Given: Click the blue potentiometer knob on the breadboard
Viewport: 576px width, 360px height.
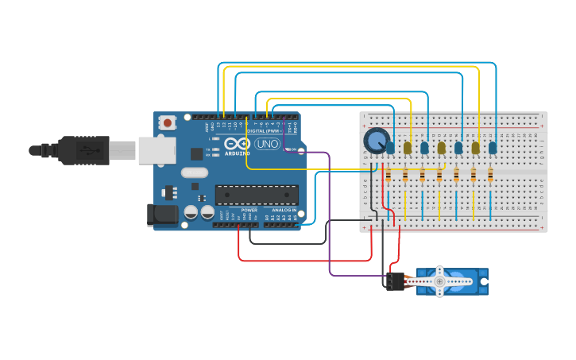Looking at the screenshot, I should pyautogui.click(x=375, y=141).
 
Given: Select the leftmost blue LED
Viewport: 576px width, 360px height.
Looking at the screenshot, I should pyautogui.click(x=390, y=147).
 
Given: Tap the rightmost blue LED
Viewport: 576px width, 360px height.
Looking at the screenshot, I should pyautogui.click(x=493, y=147).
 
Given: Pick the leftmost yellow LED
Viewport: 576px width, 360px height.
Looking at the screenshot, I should pyautogui.click(x=408, y=147).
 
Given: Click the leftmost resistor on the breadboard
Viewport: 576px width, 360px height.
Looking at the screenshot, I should pyautogui.click(x=388, y=175).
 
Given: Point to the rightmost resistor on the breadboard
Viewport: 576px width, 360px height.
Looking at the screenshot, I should pyautogui.click(x=490, y=175).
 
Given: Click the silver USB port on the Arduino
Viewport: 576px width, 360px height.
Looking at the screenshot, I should pyautogui.click(x=157, y=150).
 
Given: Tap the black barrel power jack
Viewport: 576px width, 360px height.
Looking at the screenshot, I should pyautogui.click(x=162, y=214).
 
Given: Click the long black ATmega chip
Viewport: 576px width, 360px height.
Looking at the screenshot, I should pyautogui.click(x=257, y=195).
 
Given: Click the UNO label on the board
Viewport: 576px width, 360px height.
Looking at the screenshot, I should pyautogui.click(x=266, y=145).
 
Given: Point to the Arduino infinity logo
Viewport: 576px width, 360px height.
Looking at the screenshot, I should pyautogui.click(x=238, y=144).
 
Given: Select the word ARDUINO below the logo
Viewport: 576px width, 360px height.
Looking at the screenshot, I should pyautogui.click(x=237, y=153).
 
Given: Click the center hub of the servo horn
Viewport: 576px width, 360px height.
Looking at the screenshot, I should pyautogui.click(x=439, y=281).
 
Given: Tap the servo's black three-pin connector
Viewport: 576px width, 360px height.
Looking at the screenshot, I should pyautogui.click(x=395, y=281).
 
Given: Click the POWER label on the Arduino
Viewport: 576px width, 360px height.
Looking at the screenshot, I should pyautogui.click(x=249, y=210).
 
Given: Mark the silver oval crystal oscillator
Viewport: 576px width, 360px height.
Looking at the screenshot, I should pyautogui.click(x=194, y=172).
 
